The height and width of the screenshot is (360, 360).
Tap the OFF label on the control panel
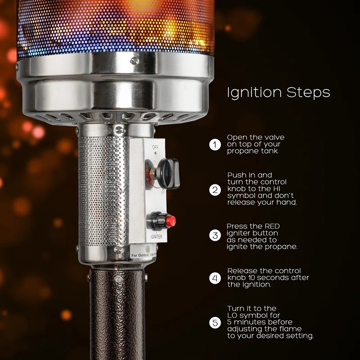[155, 147]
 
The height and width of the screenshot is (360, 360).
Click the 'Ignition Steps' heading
[278, 93]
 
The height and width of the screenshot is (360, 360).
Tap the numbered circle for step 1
[215, 144]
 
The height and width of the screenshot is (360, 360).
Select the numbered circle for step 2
[215, 190]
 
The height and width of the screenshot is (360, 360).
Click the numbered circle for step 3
[215, 235]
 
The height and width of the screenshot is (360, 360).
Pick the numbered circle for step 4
[215, 278]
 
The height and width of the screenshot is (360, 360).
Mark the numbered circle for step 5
[215, 322]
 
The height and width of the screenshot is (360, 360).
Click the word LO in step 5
[234, 315]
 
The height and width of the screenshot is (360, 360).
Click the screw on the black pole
[118, 279]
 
